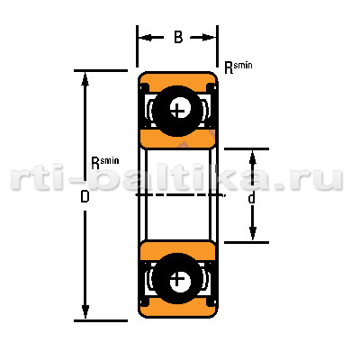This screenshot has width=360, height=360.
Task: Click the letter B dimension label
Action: point(178,38)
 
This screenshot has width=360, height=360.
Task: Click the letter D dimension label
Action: point(85,197)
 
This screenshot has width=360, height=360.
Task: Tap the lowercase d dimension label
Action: point(252,198)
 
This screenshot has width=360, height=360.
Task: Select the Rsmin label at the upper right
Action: point(238,67)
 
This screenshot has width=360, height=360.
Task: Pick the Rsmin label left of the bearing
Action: point(105,162)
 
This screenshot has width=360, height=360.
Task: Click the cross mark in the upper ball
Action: point(178,111)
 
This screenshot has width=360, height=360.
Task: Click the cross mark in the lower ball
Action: point(177,279)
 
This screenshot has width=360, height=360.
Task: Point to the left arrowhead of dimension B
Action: point(146,38)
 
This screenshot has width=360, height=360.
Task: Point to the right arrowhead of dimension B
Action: point(209,38)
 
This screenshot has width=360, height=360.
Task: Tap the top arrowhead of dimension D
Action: point(85,79)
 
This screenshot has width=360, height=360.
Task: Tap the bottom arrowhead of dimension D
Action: point(85,311)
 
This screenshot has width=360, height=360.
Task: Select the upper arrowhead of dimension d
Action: point(253,157)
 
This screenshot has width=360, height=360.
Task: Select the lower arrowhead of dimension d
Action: point(253,233)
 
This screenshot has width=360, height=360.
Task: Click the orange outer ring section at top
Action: point(177,79)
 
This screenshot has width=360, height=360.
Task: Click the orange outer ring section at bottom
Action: point(177,309)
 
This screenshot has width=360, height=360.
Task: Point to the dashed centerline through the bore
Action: point(180,195)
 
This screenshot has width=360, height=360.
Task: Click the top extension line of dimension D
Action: point(101,71)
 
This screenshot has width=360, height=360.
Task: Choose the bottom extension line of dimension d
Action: point(247,242)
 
